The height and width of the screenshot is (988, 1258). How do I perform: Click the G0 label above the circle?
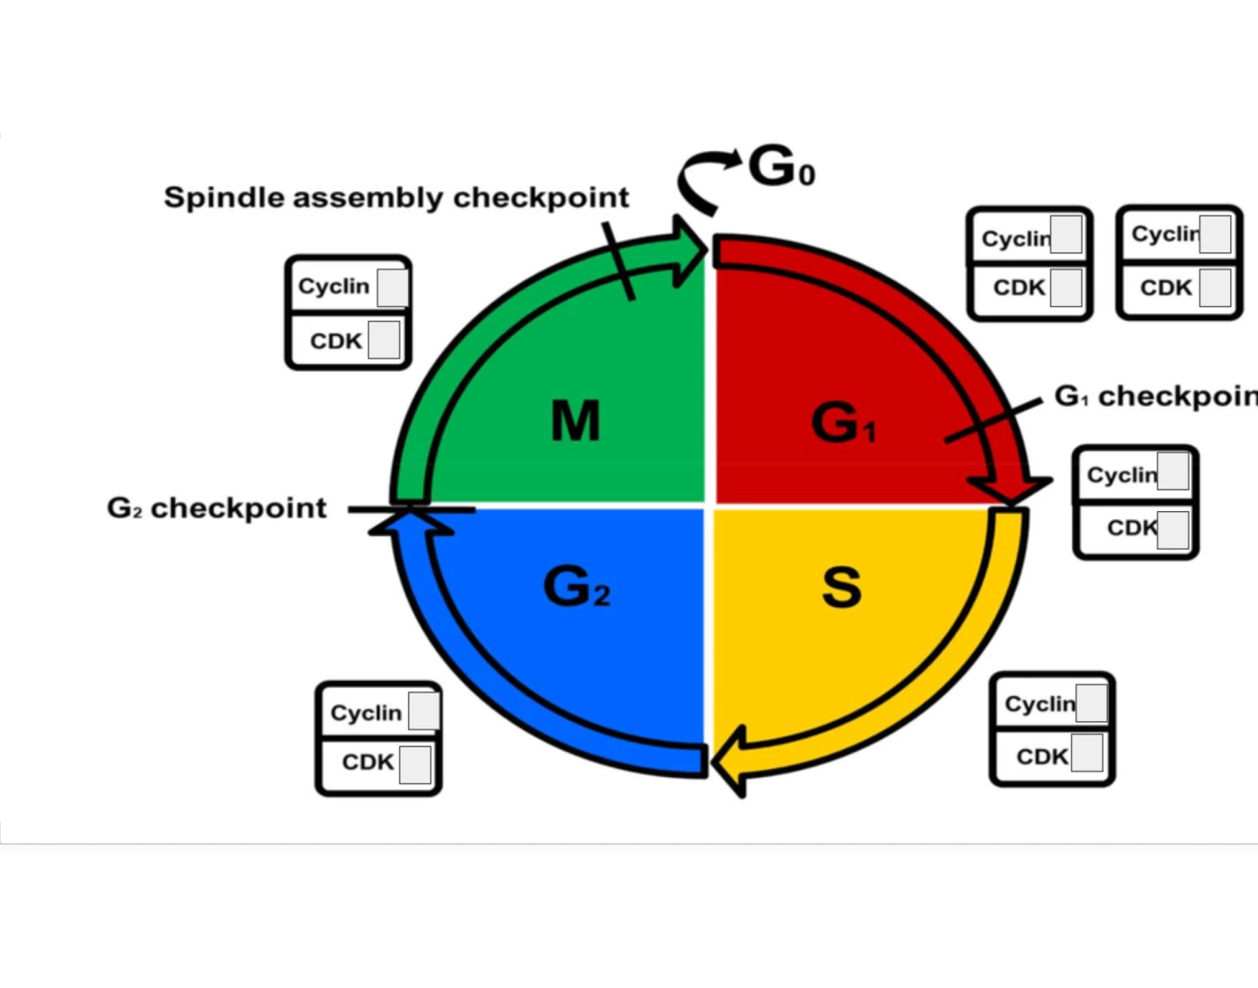[x=780, y=167]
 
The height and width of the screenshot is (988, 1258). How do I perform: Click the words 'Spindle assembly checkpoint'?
[x=396, y=198]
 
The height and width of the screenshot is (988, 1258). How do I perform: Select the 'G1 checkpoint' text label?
[x=1156, y=396]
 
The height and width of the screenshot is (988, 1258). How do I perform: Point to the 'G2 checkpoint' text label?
[x=217, y=508]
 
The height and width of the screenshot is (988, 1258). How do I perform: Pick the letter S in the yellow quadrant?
[x=841, y=587]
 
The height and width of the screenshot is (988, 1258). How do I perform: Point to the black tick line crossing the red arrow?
[x=993, y=419]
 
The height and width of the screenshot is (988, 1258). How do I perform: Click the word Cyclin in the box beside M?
[x=333, y=287]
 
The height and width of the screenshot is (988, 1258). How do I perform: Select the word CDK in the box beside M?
[x=335, y=341]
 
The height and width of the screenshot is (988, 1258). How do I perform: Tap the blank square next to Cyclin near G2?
[x=423, y=711]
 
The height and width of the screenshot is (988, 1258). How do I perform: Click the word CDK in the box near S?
[x=1041, y=757]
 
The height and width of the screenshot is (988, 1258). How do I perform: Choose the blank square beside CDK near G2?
[x=414, y=764]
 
